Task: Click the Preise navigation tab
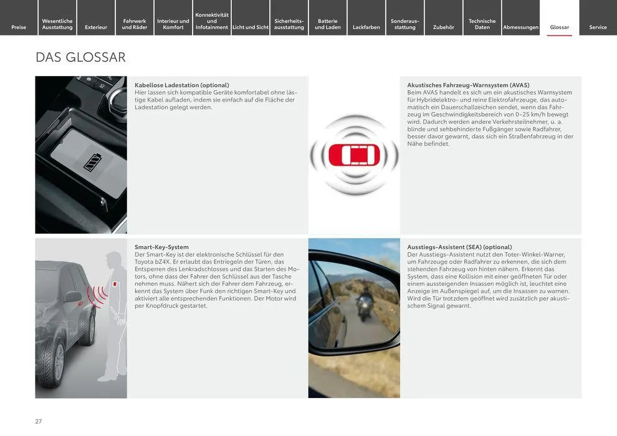19,27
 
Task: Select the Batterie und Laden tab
328,24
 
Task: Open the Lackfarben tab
366,27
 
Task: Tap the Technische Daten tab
482,24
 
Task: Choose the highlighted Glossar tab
560,27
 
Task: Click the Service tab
598,27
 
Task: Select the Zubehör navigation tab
444,27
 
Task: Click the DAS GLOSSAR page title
80,57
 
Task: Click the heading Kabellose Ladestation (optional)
182,85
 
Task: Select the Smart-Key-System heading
161,247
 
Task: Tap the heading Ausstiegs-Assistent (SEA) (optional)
459,247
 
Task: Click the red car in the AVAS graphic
354,154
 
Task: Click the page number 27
39,422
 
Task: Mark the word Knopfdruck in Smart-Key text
165,306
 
